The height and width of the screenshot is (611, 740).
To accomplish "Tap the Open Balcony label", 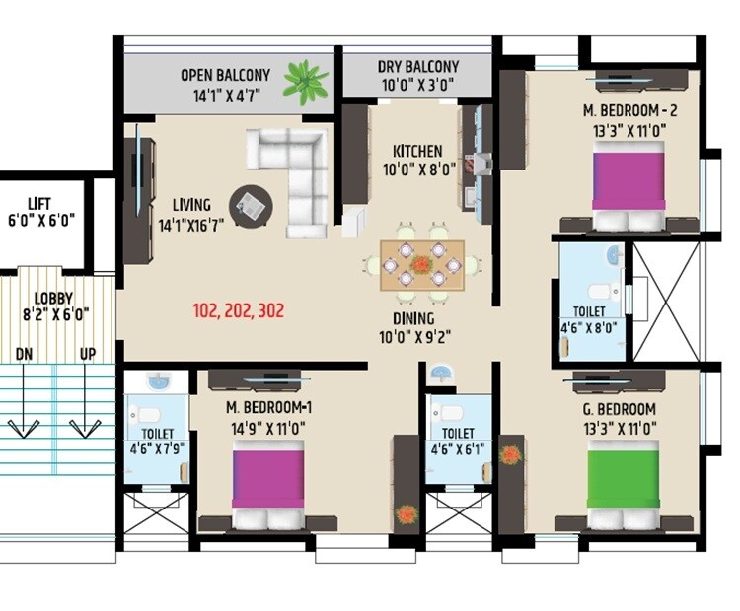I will point(224,75).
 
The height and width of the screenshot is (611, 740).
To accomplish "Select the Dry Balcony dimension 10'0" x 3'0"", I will point(416,86).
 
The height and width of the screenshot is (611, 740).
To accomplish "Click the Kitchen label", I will point(417,151).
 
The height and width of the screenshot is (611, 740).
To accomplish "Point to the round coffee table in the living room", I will point(249,205).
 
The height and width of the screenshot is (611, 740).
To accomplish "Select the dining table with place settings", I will point(421,263).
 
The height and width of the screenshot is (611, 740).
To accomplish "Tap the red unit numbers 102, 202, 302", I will point(239,310).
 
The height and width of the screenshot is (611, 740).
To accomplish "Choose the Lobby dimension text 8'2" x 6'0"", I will point(46,315).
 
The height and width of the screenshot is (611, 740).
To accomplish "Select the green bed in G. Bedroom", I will point(625,483).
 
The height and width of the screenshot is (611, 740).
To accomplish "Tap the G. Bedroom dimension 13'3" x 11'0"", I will point(630,428).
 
